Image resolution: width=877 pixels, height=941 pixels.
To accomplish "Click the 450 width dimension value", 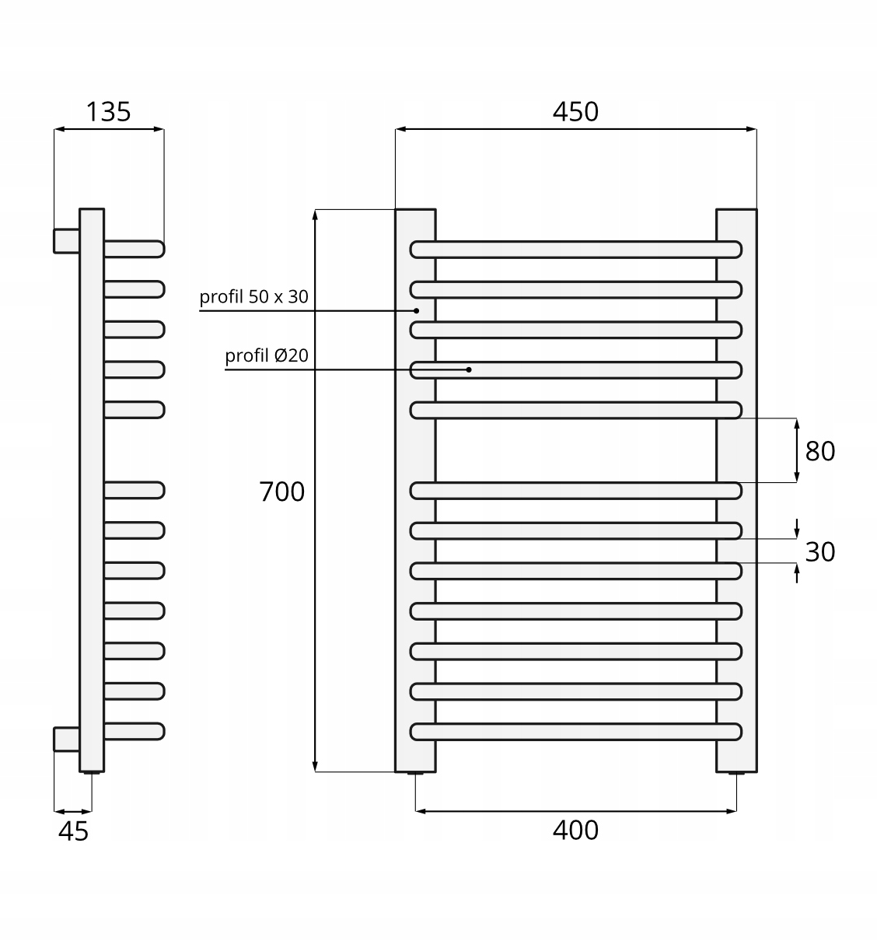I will coord(575,112).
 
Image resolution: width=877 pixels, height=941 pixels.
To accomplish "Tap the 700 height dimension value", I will coord(281,491).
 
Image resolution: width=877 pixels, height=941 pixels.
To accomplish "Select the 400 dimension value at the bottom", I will coord(575,830).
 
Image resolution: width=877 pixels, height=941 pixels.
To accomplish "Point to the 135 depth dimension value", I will coord(108,112).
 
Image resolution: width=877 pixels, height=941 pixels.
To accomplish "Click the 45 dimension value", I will coord(74,831).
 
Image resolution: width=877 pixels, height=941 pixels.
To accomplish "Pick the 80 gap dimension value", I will coord(819,451).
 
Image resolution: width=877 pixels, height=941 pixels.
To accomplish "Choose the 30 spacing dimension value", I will coord(819,551).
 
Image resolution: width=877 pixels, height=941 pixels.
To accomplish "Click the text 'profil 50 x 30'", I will coord(253,296).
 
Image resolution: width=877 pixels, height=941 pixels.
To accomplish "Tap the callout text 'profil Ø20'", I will coord(267,355).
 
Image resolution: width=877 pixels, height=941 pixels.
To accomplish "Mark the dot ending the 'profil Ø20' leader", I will coord(469,369).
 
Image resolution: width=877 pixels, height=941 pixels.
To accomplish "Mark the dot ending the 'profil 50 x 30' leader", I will coord(417,310).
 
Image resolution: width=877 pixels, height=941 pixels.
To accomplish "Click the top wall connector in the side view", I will coord(66,241).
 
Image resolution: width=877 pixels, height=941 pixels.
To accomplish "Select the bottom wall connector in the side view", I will coord(66,739).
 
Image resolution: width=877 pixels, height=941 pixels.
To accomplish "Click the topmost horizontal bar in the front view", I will coord(575,250).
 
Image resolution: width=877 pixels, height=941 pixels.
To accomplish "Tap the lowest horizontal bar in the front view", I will coord(575,731).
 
